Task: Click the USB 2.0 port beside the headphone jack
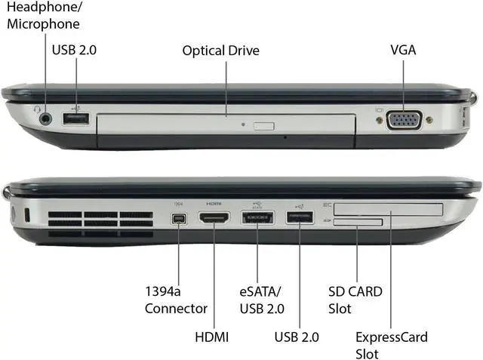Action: (76, 118)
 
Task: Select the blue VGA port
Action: (405, 120)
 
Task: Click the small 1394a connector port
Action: (179, 220)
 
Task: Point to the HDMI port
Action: (214, 219)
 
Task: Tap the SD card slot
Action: (358, 221)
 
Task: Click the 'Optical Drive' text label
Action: (220, 51)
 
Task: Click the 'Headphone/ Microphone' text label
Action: (43, 16)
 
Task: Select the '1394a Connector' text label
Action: (176, 300)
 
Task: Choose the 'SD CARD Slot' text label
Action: (355, 300)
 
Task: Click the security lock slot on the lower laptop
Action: (27, 215)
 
